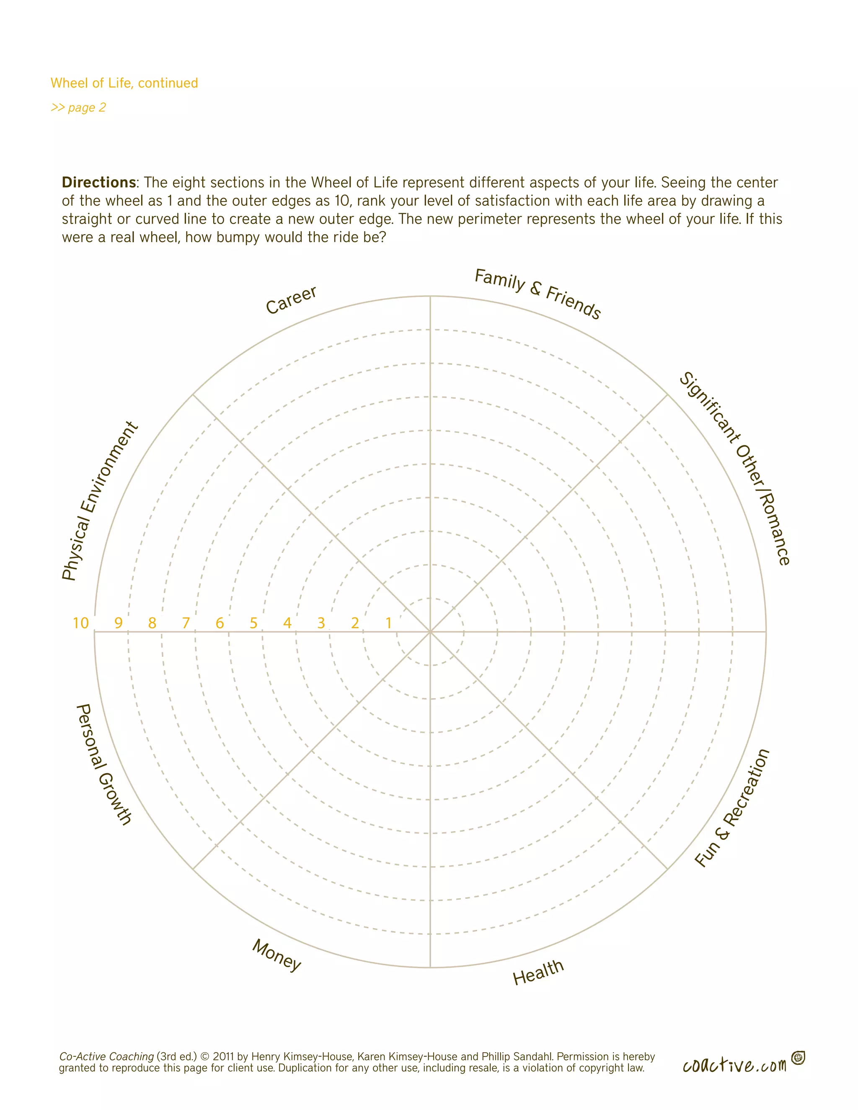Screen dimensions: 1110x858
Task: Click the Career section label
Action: click(291, 300)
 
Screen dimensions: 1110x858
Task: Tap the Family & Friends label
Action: click(537, 294)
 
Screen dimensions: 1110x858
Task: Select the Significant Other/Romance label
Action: click(734, 468)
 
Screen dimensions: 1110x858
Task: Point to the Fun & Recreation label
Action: click(732, 808)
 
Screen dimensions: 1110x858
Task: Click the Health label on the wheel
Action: click(538, 972)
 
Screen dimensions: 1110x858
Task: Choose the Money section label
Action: click(277, 955)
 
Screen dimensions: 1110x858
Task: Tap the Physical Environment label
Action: click(100, 501)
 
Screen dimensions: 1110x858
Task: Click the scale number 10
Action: click(81, 623)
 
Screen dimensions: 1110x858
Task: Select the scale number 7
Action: click(186, 623)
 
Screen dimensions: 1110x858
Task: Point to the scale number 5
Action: click(253, 623)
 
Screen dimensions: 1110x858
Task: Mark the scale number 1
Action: click(389, 623)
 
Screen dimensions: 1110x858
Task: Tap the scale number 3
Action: click(321, 623)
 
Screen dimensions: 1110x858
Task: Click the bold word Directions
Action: click(98, 183)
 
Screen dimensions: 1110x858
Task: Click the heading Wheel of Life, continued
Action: click(124, 83)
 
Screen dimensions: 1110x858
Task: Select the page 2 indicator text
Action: click(78, 108)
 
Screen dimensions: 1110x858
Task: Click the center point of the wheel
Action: click(430, 632)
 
